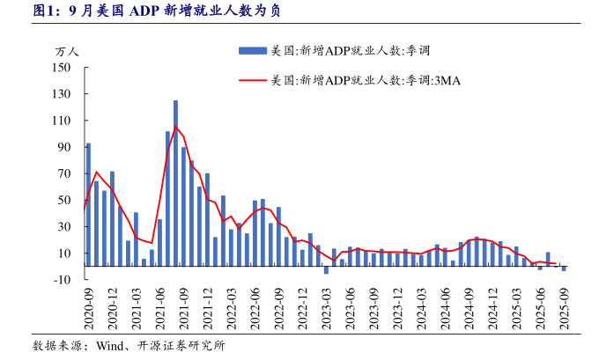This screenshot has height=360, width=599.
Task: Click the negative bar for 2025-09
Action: pos(564,268)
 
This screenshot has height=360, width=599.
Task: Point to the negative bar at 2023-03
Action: pos(326,270)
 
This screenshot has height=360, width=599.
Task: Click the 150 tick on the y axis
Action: pos(62,67)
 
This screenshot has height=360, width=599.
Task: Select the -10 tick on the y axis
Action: pos(62,280)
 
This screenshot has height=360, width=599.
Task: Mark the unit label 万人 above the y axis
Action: pos(67,51)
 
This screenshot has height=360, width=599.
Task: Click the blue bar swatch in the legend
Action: pos(253,51)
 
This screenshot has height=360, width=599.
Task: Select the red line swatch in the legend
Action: pos(253,80)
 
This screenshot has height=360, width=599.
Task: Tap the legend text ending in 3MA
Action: pos(366,80)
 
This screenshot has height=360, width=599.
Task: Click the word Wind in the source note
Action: pos(112,346)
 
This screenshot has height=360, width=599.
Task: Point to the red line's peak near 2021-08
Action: pos(175,127)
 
